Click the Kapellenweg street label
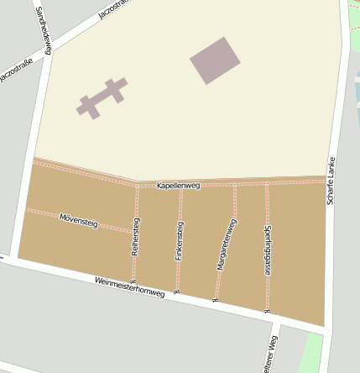[178, 186]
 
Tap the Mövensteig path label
[79, 222]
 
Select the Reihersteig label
[136, 236]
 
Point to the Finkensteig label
[180, 241]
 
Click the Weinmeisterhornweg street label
[129, 287]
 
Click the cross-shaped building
[102, 97]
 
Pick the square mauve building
[215, 60]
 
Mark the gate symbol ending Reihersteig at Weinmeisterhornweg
[133, 281]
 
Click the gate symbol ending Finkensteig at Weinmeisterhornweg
[176, 291]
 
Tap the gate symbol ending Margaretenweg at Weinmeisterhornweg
[216, 300]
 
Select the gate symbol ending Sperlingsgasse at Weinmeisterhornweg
[267, 311]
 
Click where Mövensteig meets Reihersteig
[135, 231]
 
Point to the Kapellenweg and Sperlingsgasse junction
[267, 183]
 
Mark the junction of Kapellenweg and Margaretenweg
[235, 184]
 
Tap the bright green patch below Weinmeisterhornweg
[310, 353]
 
